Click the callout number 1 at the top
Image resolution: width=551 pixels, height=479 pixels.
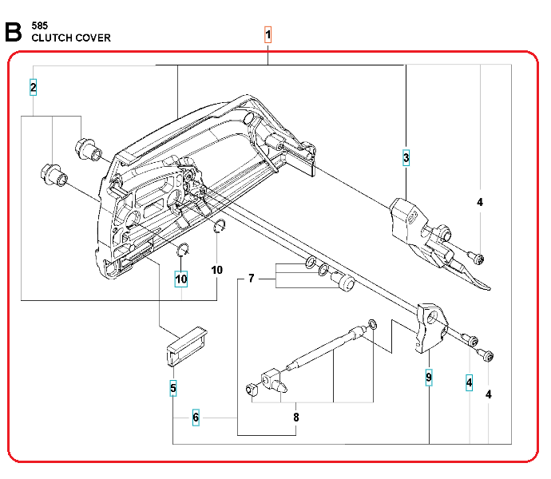268,35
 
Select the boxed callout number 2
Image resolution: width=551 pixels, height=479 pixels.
33,87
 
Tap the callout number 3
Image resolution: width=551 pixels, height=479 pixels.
406,157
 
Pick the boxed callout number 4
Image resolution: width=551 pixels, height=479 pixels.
470,383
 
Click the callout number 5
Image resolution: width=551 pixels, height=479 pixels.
173,389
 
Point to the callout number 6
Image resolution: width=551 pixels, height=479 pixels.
196,418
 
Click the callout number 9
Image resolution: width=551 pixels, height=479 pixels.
429,377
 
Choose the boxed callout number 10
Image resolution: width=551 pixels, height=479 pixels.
182,279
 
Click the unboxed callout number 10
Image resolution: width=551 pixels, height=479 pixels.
217,270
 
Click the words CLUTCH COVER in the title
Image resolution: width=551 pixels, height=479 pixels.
71,38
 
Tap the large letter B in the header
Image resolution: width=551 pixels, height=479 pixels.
13,32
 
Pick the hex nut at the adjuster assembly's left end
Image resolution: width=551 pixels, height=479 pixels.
249,389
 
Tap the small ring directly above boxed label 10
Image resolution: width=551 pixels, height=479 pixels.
182,247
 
